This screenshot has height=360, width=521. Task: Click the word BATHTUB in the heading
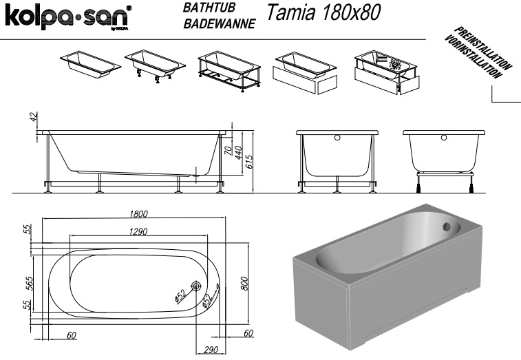pos(208,9)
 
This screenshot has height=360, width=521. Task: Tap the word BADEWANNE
pos(220,24)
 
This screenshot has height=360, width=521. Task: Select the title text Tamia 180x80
pos(323,14)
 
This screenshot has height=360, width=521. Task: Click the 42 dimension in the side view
pos(32,117)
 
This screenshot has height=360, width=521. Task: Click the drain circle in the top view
pos(196,287)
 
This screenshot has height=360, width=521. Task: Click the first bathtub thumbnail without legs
pos(89,62)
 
